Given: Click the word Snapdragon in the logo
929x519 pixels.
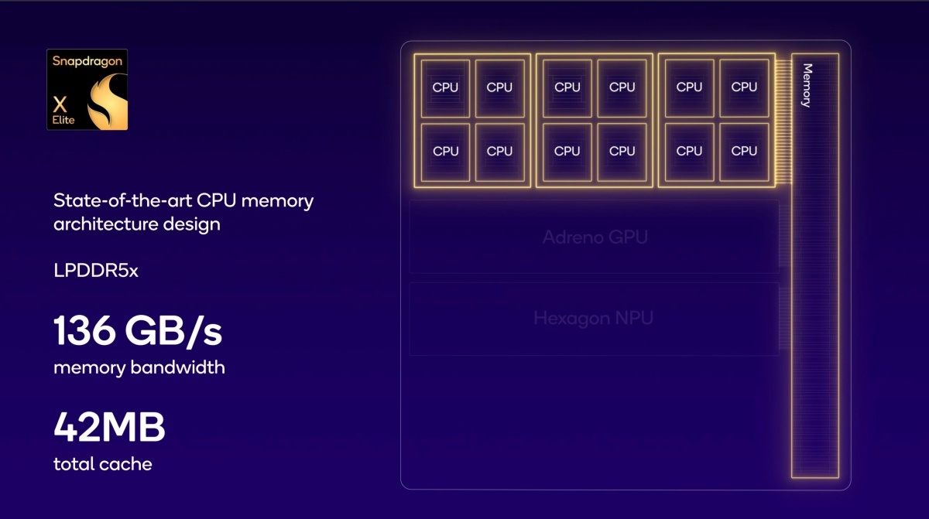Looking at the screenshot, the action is (87, 62).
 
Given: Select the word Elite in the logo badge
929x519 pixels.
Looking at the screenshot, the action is (63, 120).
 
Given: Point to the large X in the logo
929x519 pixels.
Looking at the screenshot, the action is (60, 104).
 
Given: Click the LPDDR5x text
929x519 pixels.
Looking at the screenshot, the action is (96, 271).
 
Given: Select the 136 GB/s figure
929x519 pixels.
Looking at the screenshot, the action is (138, 330).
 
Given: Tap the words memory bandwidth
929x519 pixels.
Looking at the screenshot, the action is (139, 368).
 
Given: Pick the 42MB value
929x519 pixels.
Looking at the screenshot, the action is (109, 427).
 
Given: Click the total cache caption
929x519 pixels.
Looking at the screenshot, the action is (103, 464).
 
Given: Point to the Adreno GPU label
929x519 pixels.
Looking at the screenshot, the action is (595, 237).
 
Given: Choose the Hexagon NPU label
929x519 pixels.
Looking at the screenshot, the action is (593, 319).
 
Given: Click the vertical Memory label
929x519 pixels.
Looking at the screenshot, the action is (807, 85).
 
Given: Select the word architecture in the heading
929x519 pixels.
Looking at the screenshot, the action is (106, 224).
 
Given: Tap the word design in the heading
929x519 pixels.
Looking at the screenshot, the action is (192, 224).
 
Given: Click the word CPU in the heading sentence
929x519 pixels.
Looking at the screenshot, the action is (217, 200).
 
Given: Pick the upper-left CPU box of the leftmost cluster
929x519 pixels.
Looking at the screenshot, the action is (445, 88).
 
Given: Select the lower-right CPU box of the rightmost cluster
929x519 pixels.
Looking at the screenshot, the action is (744, 152).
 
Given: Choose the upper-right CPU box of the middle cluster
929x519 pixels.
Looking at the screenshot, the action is (622, 88).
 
